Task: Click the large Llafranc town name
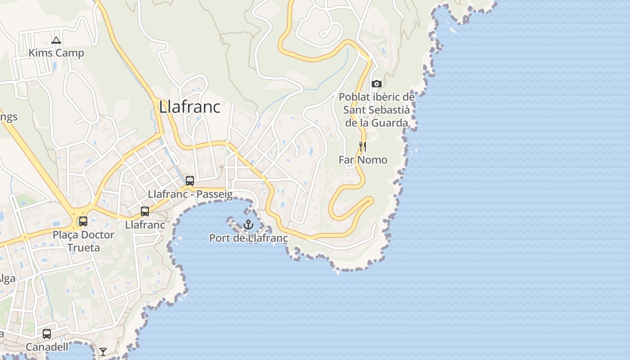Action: point(189,107)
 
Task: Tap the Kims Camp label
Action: point(56,53)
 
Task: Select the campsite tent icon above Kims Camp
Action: point(56,40)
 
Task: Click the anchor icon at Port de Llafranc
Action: point(248,224)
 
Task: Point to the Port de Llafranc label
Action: point(248,238)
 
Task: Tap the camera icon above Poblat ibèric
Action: point(377,84)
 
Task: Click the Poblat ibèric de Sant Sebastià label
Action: point(377,110)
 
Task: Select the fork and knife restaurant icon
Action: point(363,147)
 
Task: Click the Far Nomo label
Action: point(363,160)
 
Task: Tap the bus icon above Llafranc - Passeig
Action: point(190,181)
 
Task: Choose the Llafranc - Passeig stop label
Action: point(190,194)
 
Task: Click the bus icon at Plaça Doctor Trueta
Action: point(83,221)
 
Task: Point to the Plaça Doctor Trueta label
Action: point(84,241)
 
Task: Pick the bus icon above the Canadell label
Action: point(47,334)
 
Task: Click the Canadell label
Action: point(47,347)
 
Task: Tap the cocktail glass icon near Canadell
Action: point(103,351)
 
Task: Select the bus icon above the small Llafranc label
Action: point(145,211)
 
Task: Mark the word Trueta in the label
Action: point(84,247)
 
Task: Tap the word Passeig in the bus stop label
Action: point(216,194)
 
